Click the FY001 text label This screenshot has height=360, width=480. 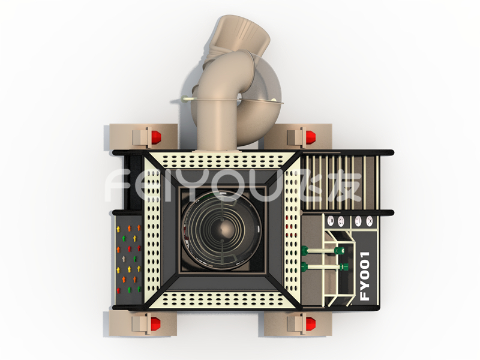[x=365, y=276]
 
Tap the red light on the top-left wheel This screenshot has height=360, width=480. [x=156, y=137]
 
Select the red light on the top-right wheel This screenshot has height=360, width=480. [x=310, y=137]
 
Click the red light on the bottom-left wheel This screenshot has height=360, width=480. [x=155, y=324]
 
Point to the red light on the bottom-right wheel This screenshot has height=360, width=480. [x=310, y=324]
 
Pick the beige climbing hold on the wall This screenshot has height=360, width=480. [x=124, y=259]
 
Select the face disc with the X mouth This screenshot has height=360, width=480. [x=370, y=221]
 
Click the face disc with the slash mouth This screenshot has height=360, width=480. [x=358, y=221]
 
